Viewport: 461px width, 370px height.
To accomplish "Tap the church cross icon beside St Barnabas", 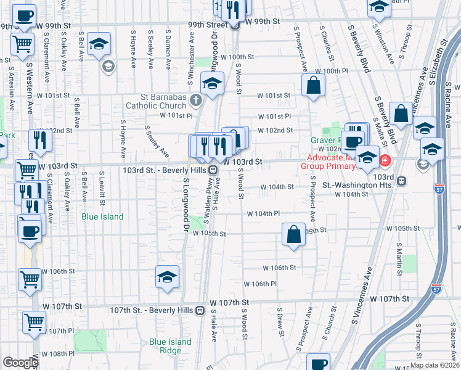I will [195, 99].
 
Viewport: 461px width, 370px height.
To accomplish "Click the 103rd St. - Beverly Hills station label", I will [165, 170].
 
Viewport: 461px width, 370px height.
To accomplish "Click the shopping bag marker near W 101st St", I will [313, 86].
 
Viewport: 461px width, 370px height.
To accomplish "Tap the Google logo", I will [20, 363].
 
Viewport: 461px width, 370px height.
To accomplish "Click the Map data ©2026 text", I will [434, 365].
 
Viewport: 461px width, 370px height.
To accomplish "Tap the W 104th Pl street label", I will [264, 213].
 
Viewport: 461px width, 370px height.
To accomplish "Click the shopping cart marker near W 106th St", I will [30, 279].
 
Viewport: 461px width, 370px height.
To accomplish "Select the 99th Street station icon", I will [235, 25].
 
